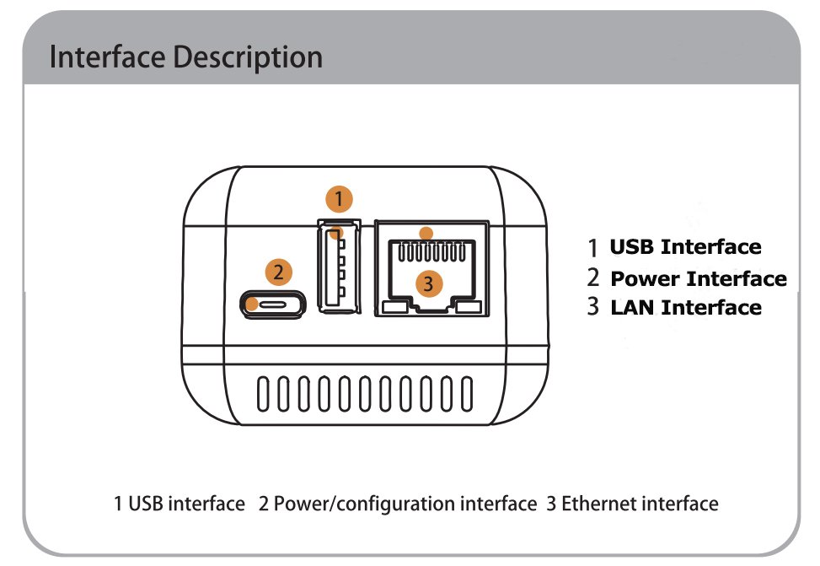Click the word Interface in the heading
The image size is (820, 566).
click(x=107, y=57)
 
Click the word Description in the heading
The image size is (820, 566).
click(x=248, y=57)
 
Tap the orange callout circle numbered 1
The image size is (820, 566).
click(x=339, y=199)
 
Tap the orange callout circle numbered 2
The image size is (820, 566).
click(x=278, y=272)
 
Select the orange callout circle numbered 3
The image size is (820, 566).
click(x=429, y=283)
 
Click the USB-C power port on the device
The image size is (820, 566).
click(x=273, y=305)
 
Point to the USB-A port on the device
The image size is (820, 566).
click(x=340, y=267)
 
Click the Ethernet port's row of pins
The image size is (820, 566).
click(x=431, y=252)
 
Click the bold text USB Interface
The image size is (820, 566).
click(x=686, y=246)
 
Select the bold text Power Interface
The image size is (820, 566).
click(x=699, y=278)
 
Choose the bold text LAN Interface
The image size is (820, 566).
click(x=686, y=307)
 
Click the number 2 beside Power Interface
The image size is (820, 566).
click(x=592, y=278)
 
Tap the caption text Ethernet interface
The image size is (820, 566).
click(x=640, y=504)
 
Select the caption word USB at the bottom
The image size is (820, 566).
click(x=146, y=504)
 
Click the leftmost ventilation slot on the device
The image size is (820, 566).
click(x=263, y=393)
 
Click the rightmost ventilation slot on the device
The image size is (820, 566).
click(x=467, y=393)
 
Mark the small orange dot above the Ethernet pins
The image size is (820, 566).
click(x=426, y=233)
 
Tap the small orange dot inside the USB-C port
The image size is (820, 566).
click(x=252, y=305)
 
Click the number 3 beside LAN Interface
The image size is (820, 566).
click(x=592, y=306)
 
